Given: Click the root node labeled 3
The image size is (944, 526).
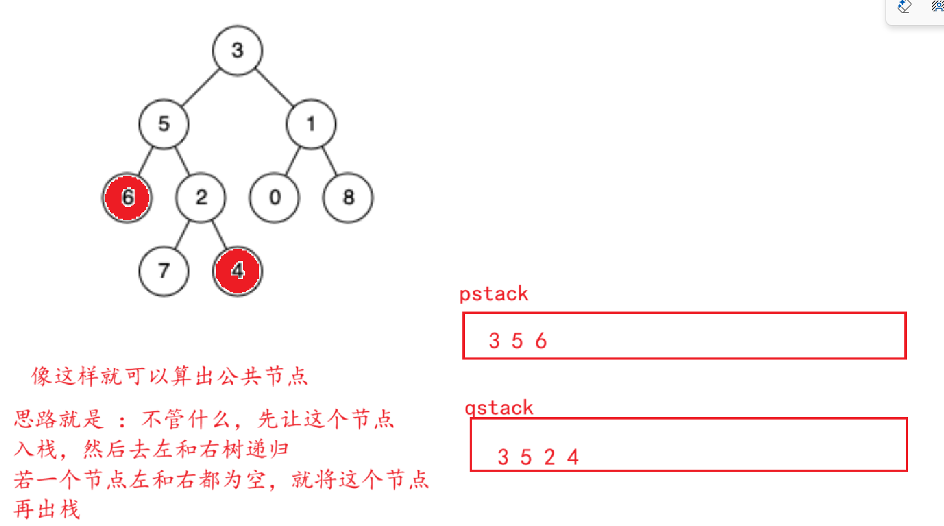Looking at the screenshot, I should [237, 51].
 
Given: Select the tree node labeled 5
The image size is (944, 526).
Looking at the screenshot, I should [164, 124].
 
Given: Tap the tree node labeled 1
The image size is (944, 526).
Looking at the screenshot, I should [311, 124].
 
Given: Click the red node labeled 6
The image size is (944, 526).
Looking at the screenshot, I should [127, 198].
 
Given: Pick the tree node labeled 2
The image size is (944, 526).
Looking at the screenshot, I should [201, 198].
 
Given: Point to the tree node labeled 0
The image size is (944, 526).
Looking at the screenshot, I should [274, 198].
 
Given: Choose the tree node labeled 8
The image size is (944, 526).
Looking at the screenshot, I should [348, 198].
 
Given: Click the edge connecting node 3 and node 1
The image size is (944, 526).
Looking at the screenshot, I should [274, 87].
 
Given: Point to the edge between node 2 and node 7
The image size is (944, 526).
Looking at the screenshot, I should [182, 235].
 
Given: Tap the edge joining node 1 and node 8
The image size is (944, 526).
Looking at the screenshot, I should [330, 161].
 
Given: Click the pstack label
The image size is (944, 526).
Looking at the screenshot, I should [494, 294].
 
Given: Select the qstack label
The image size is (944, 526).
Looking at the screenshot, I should [499, 408].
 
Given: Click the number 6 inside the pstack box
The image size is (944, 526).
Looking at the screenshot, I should [541, 341].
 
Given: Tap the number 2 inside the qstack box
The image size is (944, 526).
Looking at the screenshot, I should [549, 458].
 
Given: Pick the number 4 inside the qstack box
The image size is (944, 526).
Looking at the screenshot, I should [573, 458].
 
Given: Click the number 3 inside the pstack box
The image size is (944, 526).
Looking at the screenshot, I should [494, 341].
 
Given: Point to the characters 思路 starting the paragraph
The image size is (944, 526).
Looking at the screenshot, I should [35, 419].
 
